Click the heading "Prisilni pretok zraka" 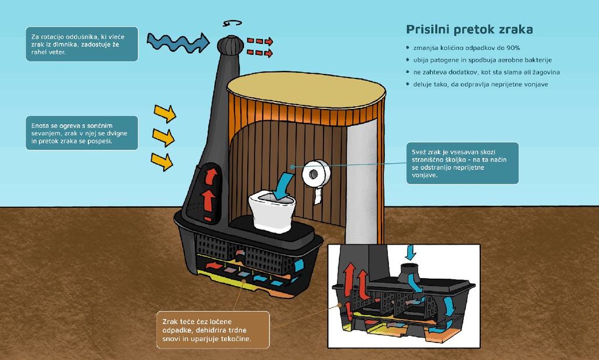[x=469, y=30]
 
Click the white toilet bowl [x=273, y=211]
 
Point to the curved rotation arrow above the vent [x=233, y=23]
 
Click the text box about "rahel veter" [x=82, y=44]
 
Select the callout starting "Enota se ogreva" [x=82, y=133]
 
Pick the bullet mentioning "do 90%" [x=466, y=47]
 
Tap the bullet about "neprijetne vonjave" [x=480, y=84]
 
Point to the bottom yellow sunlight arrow [x=162, y=160]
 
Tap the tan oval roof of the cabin [x=306, y=90]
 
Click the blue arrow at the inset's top [x=411, y=252]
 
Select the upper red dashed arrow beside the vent [x=260, y=42]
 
